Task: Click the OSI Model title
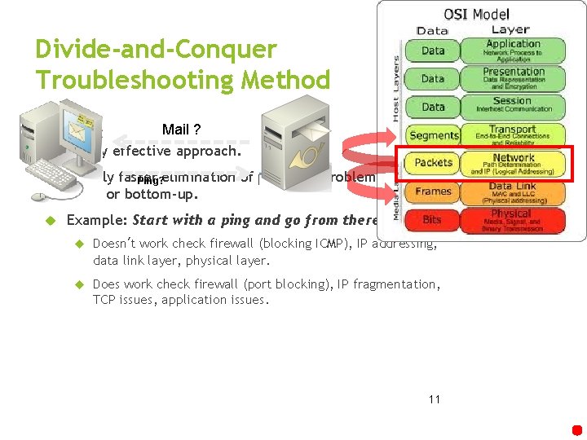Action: (476, 14)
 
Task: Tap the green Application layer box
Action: (513, 50)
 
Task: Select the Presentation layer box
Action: (513, 78)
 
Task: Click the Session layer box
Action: (513, 106)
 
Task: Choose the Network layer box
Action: (513, 163)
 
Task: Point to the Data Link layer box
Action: (513, 191)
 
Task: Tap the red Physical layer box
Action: (513, 219)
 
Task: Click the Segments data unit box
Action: (434, 135)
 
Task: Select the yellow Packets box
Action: (434, 163)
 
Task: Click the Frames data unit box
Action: (434, 191)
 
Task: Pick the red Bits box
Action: (433, 220)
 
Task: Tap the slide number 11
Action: (434, 399)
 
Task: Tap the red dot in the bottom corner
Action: (576, 429)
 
